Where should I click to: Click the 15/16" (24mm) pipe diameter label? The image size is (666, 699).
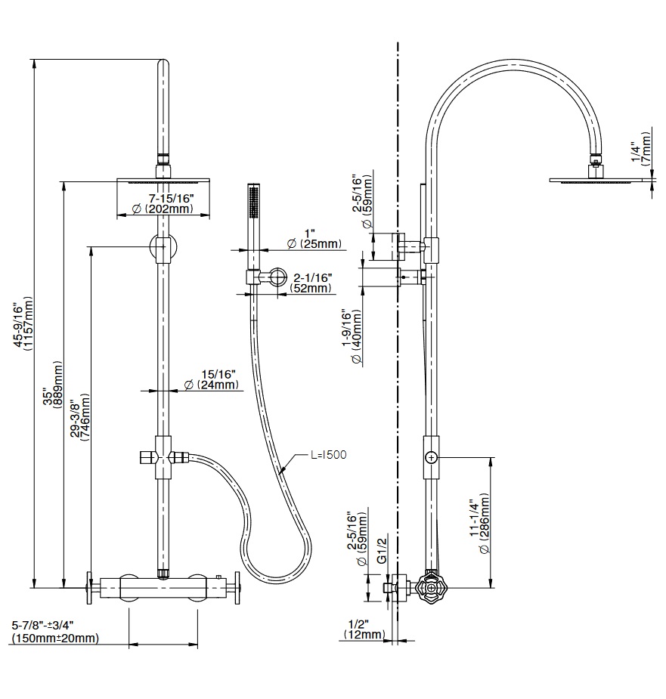212,379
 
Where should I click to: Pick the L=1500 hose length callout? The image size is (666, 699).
327,455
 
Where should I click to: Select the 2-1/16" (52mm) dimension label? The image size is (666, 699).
312,283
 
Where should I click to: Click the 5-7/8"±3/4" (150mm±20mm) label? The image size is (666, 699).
55,632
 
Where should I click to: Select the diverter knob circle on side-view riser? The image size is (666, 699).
431,457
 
